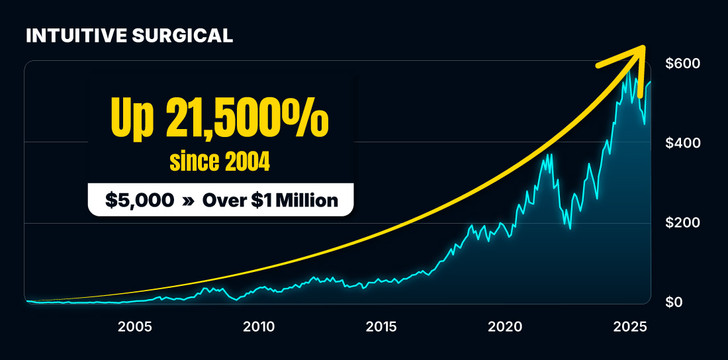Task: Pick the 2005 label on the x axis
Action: coord(136,326)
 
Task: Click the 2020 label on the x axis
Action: coord(505,326)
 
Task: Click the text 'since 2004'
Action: coord(220,162)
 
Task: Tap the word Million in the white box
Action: coord(308,200)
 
